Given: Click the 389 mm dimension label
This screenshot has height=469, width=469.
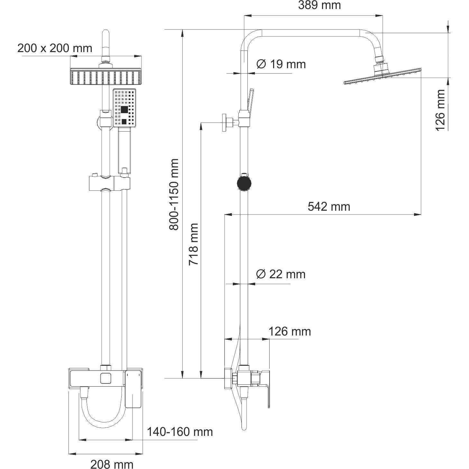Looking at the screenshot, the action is point(319,5).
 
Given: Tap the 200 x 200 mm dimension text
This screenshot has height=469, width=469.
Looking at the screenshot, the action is point(55,48).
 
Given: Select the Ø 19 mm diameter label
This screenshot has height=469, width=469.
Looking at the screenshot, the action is point(281,64).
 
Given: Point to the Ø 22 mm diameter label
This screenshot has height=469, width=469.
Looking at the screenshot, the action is point(280,274).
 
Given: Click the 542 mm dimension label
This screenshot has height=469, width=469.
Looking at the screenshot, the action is point(329,207).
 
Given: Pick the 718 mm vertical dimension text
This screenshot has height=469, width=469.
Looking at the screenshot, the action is point(194,244).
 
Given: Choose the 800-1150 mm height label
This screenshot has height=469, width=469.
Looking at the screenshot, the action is point(174,195).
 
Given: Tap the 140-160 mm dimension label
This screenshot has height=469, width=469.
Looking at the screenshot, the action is point(180,411).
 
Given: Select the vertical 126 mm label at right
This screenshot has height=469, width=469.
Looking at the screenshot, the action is point(440,110).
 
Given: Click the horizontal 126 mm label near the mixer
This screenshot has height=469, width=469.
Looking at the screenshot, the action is point(290,331).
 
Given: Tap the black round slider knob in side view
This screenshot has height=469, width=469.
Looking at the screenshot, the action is point(244,183).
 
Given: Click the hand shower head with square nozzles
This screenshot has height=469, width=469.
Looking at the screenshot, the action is point(124,108).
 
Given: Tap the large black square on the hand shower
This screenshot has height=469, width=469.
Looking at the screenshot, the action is point(124,110).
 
